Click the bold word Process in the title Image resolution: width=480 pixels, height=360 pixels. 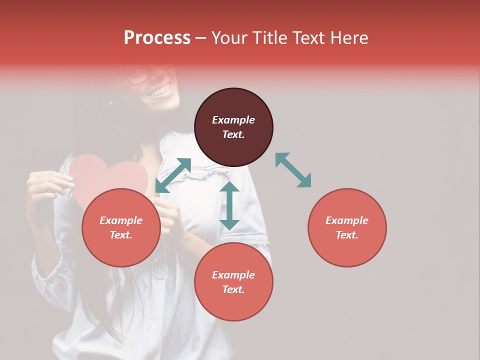157,38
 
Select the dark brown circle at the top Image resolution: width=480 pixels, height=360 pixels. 233,127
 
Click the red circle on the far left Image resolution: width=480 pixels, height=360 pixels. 121,227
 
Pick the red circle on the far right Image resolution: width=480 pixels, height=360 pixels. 347,227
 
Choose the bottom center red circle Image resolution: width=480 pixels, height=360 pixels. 233,282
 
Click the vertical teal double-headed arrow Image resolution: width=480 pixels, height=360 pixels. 229,205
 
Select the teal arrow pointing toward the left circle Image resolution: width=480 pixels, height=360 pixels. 173,175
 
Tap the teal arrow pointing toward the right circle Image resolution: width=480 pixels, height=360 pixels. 293,170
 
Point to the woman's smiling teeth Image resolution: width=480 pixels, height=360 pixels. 160,92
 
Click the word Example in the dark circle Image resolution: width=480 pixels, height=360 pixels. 233,120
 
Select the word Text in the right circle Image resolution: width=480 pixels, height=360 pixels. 347,235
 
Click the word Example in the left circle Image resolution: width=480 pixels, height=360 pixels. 121,220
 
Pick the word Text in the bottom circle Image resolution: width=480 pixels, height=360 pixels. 233,289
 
